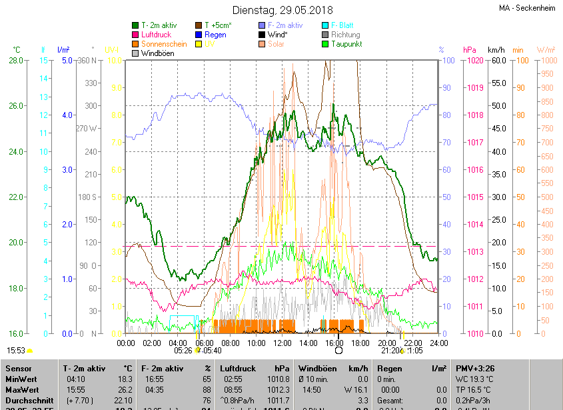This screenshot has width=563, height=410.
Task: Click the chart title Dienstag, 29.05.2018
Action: point(282,10)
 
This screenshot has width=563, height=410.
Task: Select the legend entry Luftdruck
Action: point(156,35)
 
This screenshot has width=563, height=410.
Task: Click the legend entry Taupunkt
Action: point(346,44)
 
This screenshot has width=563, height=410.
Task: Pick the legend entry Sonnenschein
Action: point(164,44)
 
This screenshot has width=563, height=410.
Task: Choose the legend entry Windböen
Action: point(158,53)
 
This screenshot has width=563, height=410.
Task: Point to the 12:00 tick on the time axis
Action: point(282,343)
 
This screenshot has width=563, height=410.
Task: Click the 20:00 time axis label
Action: point(386,343)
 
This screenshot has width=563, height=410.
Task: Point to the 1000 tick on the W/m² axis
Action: point(546,61)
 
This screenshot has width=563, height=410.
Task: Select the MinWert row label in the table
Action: point(21,379)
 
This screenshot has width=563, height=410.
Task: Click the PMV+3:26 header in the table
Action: point(476,368)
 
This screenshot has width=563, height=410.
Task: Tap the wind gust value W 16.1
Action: point(356,389)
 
